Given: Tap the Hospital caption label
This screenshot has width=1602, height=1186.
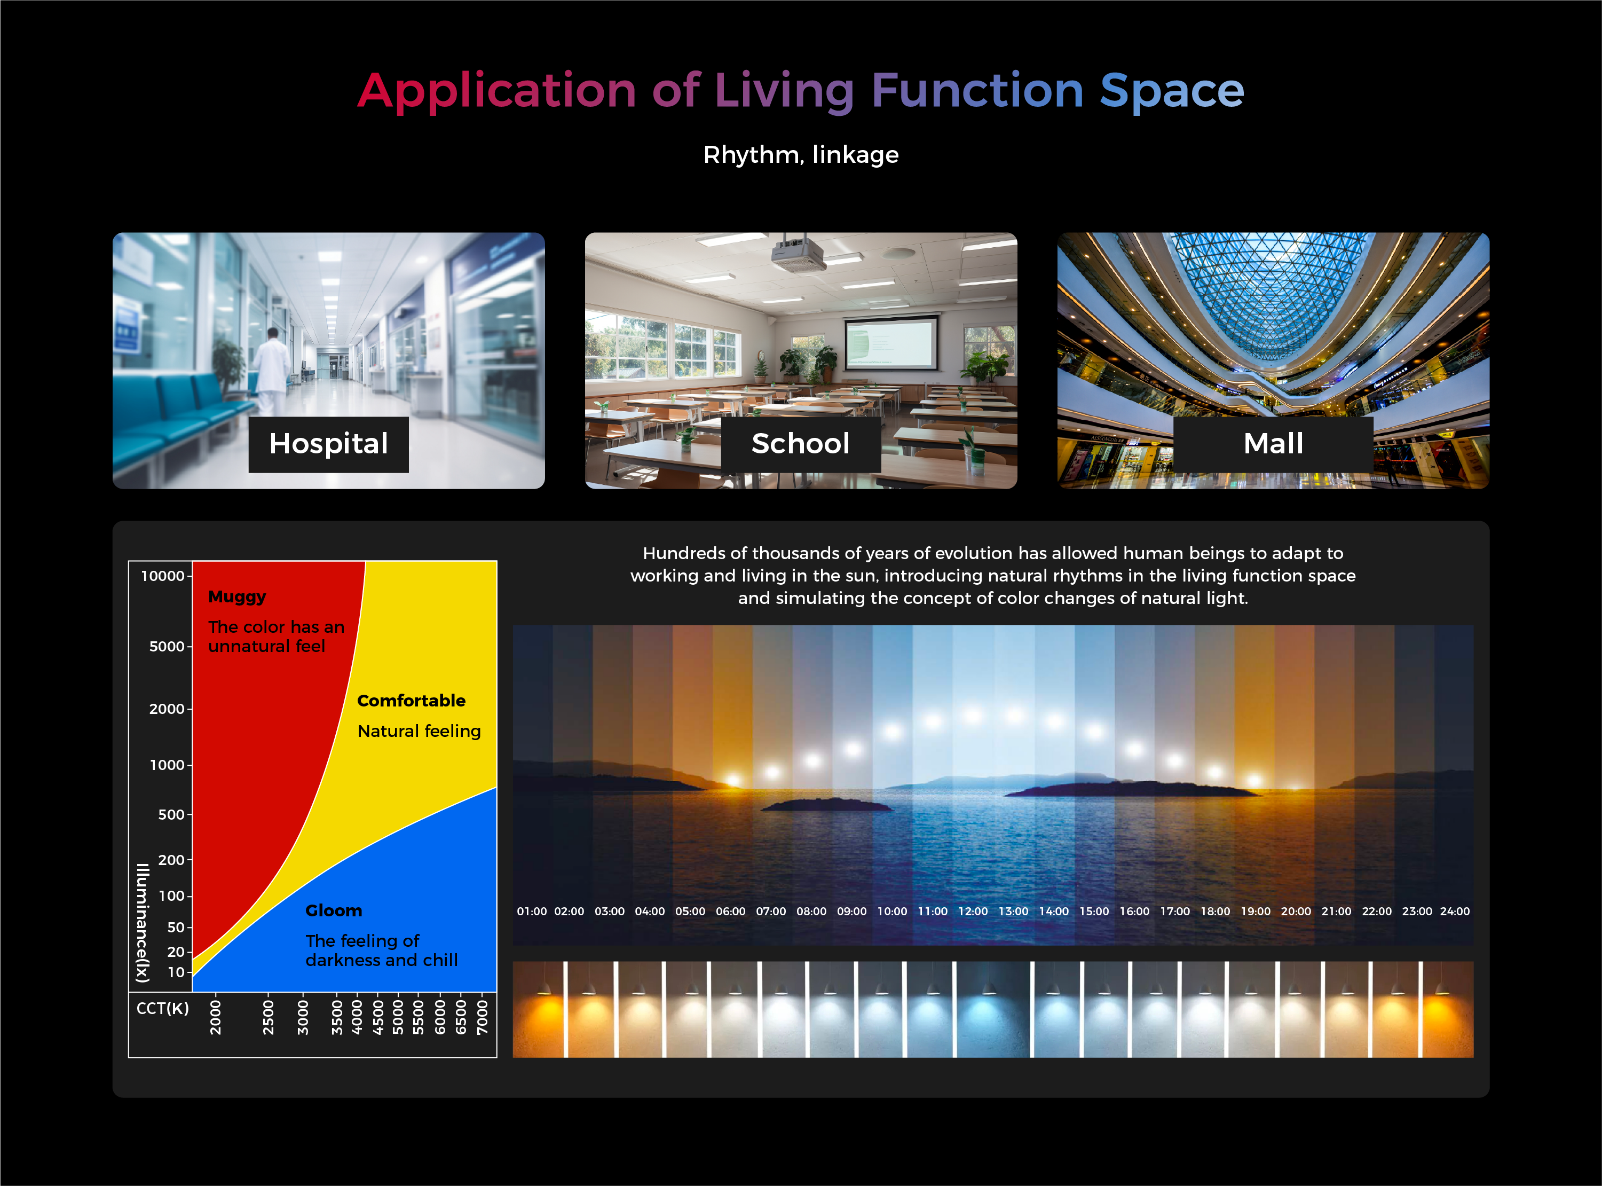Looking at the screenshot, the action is [329, 444].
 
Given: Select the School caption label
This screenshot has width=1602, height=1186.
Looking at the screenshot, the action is [801, 444].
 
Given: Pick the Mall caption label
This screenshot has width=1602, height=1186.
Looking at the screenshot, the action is [1273, 444].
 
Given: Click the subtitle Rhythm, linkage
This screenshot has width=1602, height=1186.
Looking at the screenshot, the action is [801, 155].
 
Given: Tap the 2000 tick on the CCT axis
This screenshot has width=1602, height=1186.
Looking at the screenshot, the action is [215, 1017].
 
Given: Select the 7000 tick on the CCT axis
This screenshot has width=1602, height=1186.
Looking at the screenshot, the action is [483, 1017].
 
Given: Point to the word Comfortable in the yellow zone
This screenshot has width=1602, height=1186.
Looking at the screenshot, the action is [411, 701].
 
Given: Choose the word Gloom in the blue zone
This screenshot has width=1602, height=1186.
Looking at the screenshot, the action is [334, 910].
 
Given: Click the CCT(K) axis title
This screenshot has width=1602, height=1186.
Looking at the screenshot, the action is [163, 1009].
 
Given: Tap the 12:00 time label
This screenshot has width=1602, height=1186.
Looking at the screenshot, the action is [973, 911].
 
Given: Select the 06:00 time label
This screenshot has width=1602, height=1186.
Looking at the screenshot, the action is [731, 911].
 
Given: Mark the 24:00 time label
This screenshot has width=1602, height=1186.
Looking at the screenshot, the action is [1455, 911].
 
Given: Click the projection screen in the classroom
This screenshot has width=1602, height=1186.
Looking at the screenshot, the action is [891, 342].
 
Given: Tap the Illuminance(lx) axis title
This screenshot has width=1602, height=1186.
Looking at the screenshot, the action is [143, 923].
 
